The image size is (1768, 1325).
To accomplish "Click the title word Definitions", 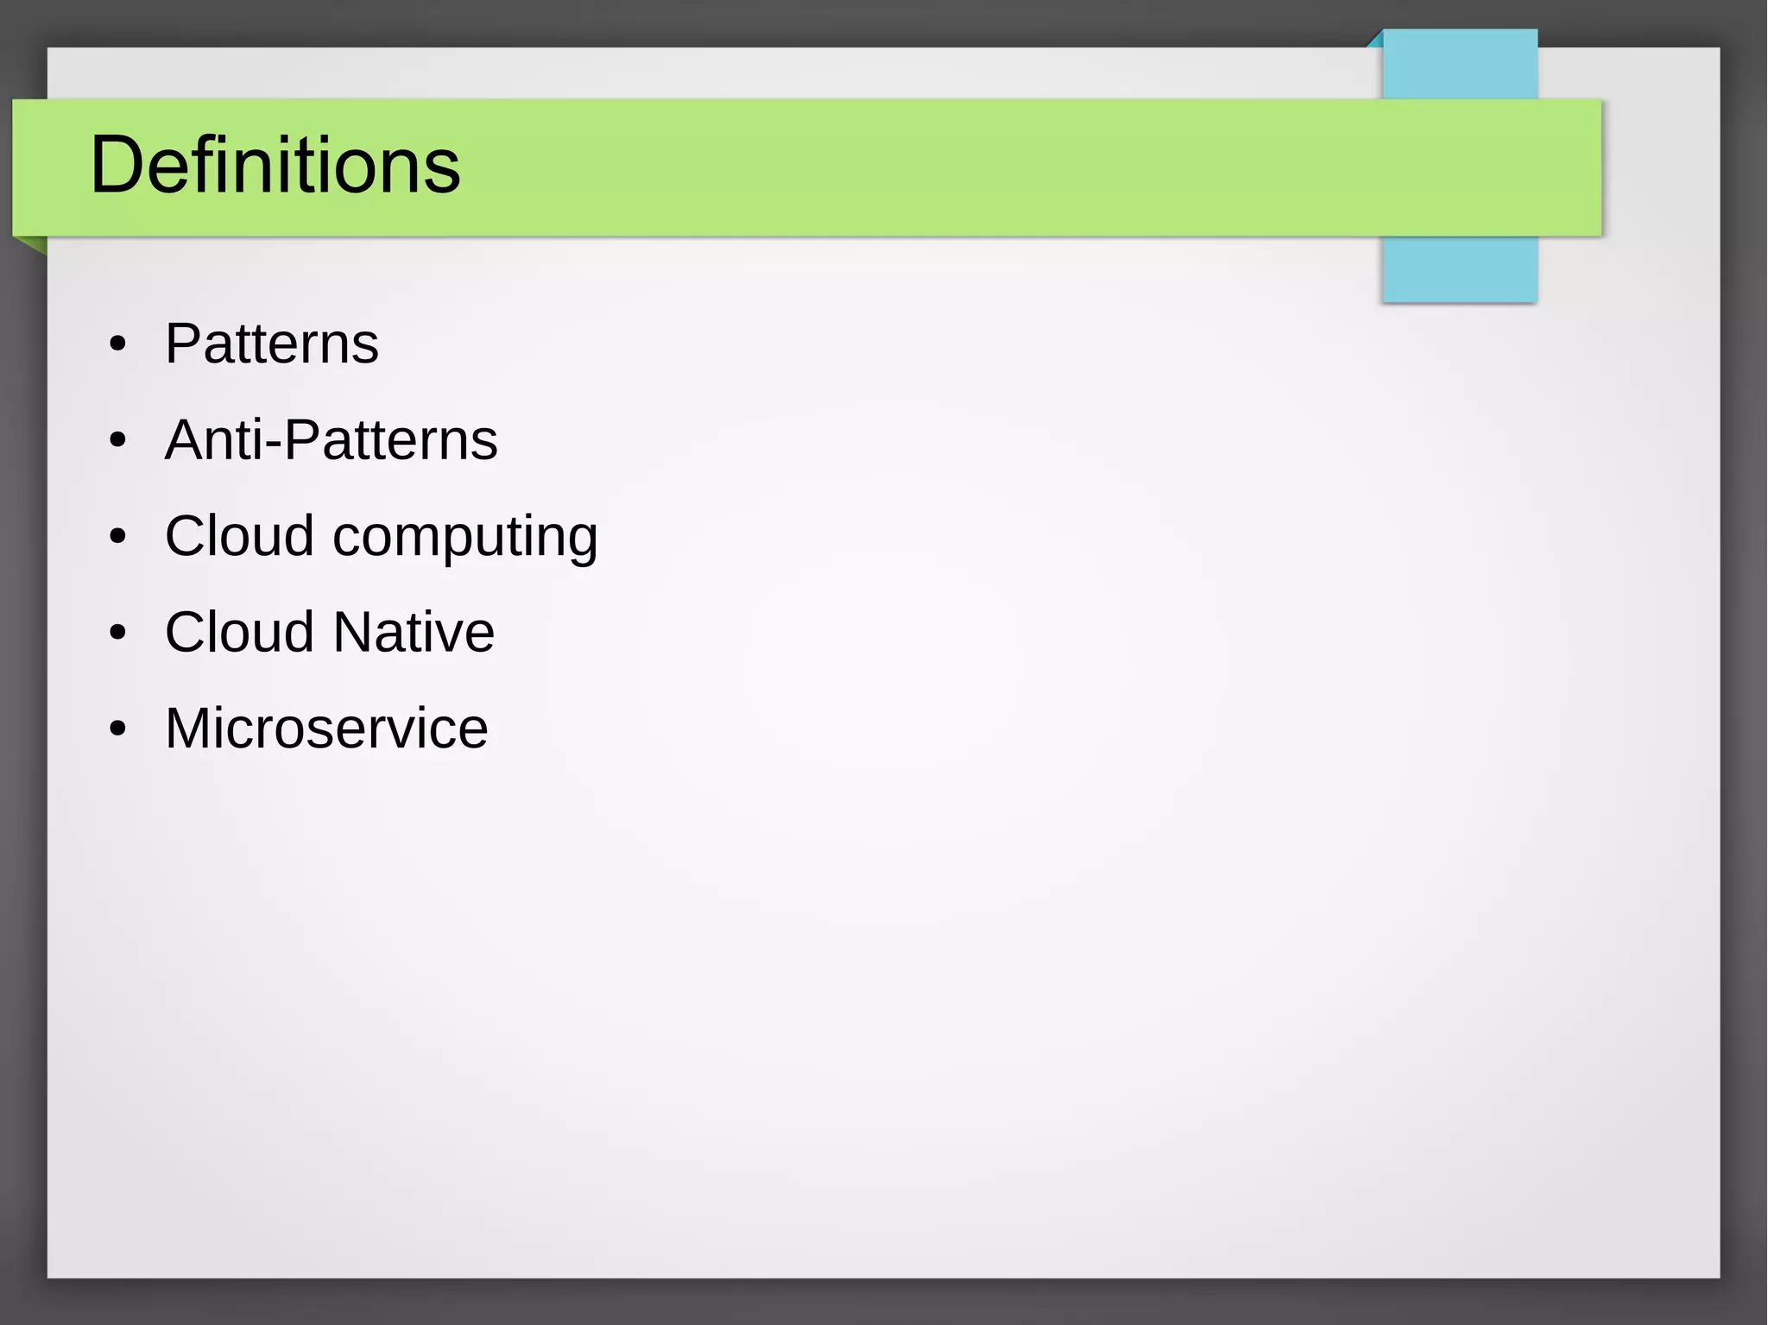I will [x=275, y=165].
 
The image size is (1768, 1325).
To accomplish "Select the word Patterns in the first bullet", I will [x=271, y=344].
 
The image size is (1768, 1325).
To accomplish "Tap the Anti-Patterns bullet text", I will [x=331, y=440].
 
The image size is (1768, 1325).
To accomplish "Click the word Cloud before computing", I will [x=239, y=536].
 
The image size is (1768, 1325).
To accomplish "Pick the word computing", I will [x=464, y=538].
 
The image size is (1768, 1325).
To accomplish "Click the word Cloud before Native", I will [x=239, y=632].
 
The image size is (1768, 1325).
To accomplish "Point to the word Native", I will [x=414, y=632].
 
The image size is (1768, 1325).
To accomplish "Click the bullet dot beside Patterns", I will [x=118, y=345].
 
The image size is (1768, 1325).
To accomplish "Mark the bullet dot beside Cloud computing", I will [x=118, y=538].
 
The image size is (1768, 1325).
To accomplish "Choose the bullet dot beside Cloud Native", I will [x=118, y=634].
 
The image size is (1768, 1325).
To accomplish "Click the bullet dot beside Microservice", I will [x=118, y=729].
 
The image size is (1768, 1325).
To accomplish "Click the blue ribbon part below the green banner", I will [x=1459, y=269].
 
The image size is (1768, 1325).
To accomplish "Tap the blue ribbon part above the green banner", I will [x=1459, y=66].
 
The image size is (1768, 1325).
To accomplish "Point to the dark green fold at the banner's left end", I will [x=35, y=244].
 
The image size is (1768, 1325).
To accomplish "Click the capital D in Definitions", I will [x=116, y=165].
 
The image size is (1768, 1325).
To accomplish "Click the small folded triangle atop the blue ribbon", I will [x=1376, y=40].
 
